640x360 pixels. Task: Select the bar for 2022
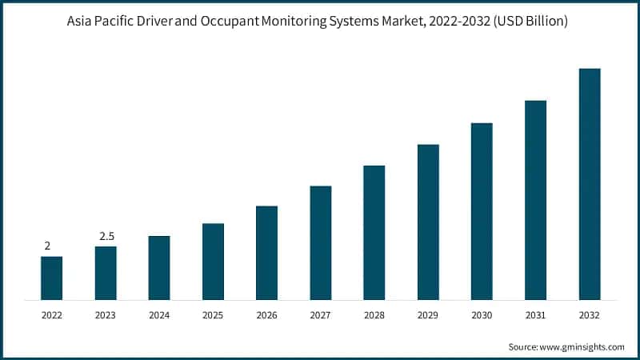point(52,278)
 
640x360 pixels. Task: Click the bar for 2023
point(106,273)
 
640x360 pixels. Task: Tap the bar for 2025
point(213,262)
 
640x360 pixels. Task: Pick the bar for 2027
point(321,242)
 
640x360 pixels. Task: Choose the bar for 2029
point(428,222)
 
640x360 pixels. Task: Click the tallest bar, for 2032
point(590,184)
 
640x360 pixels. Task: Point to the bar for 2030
point(482,211)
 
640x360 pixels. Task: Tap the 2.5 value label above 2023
point(106,236)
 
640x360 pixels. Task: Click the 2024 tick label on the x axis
point(159,316)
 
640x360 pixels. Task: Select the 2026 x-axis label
point(266,316)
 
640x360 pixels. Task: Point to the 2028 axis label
point(374,316)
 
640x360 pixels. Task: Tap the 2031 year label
point(535,316)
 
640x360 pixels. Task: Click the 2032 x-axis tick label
point(590,316)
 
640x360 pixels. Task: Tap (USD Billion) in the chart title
point(531,22)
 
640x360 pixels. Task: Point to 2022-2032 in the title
point(459,22)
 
